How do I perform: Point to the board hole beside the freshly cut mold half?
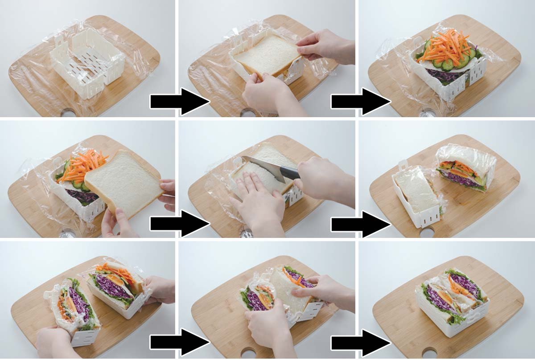click(x=427, y=232)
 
